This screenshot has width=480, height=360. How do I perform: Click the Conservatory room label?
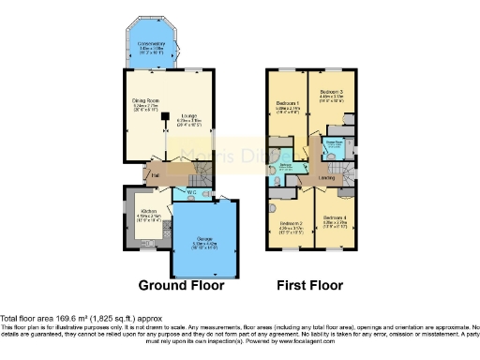click(153, 43)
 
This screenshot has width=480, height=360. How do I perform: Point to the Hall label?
click(134, 172)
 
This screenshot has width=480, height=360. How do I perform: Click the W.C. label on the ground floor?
click(191, 192)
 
